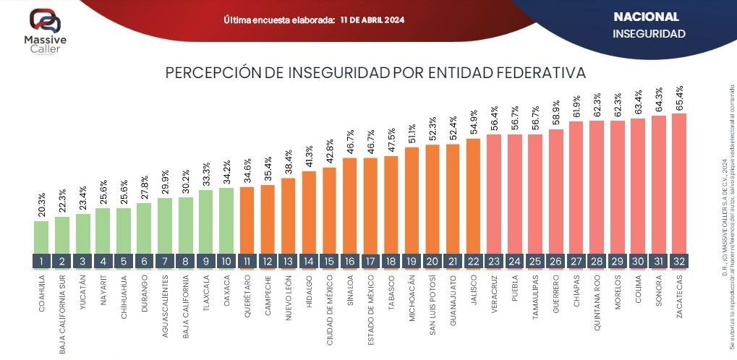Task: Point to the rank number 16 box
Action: tap(350, 261)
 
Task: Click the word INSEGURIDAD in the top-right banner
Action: tap(649, 33)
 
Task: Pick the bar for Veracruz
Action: tap(494, 192)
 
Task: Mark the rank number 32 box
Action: tap(679, 261)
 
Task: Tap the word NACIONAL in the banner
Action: tap(646, 17)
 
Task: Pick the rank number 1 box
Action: tap(41, 261)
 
